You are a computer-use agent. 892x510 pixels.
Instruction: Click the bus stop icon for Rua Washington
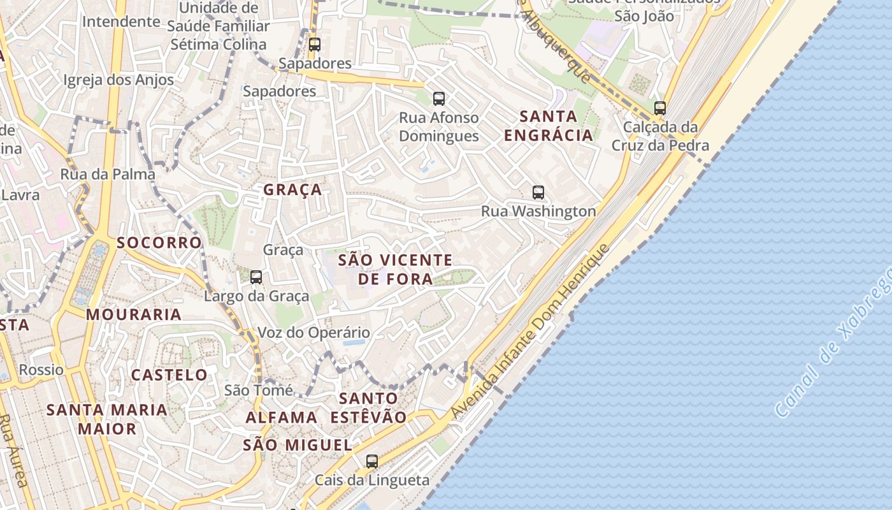coord(538,192)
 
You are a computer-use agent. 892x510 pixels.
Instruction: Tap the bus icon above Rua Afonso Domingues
coord(439,98)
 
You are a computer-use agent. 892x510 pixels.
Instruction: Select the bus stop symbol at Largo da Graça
coord(256,277)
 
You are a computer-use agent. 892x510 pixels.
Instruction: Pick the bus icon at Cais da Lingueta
coord(372,461)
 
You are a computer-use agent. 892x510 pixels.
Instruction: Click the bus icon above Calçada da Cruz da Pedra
coord(660,108)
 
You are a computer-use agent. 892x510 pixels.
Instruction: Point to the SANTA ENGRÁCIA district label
coord(549,126)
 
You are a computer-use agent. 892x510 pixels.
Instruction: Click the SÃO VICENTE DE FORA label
coord(395,269)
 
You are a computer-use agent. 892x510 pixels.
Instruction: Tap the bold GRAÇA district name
coord(292,190)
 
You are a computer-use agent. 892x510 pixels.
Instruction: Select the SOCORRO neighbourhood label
coord(159,243)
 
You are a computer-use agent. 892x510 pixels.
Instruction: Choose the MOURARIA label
coord(134,314)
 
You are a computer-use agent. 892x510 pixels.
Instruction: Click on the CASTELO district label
coord(169,375)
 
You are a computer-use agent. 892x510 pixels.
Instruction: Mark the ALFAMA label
coord(282,418)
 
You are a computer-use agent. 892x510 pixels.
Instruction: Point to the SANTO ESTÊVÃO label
coord(368,407)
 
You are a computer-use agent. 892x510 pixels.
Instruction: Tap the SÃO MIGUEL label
coord(297,445)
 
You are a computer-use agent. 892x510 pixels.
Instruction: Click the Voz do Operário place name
coord(313,333)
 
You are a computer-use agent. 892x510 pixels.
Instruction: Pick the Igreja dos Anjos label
coord(119,80)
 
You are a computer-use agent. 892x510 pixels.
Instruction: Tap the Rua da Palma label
coord(108,174)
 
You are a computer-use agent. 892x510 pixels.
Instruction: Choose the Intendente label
coord(121,21)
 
